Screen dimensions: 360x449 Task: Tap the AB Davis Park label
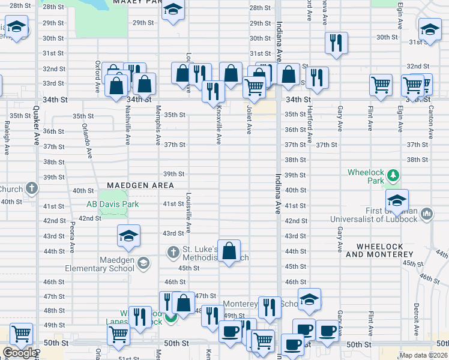pos(112,204)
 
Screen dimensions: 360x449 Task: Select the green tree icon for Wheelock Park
pos(393,175)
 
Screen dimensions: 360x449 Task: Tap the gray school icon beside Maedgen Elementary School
pos(143,262)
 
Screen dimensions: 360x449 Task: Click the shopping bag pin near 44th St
pos(229,251)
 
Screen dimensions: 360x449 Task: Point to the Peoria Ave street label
pos(71,238)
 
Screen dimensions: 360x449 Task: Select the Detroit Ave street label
pos(415,322)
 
